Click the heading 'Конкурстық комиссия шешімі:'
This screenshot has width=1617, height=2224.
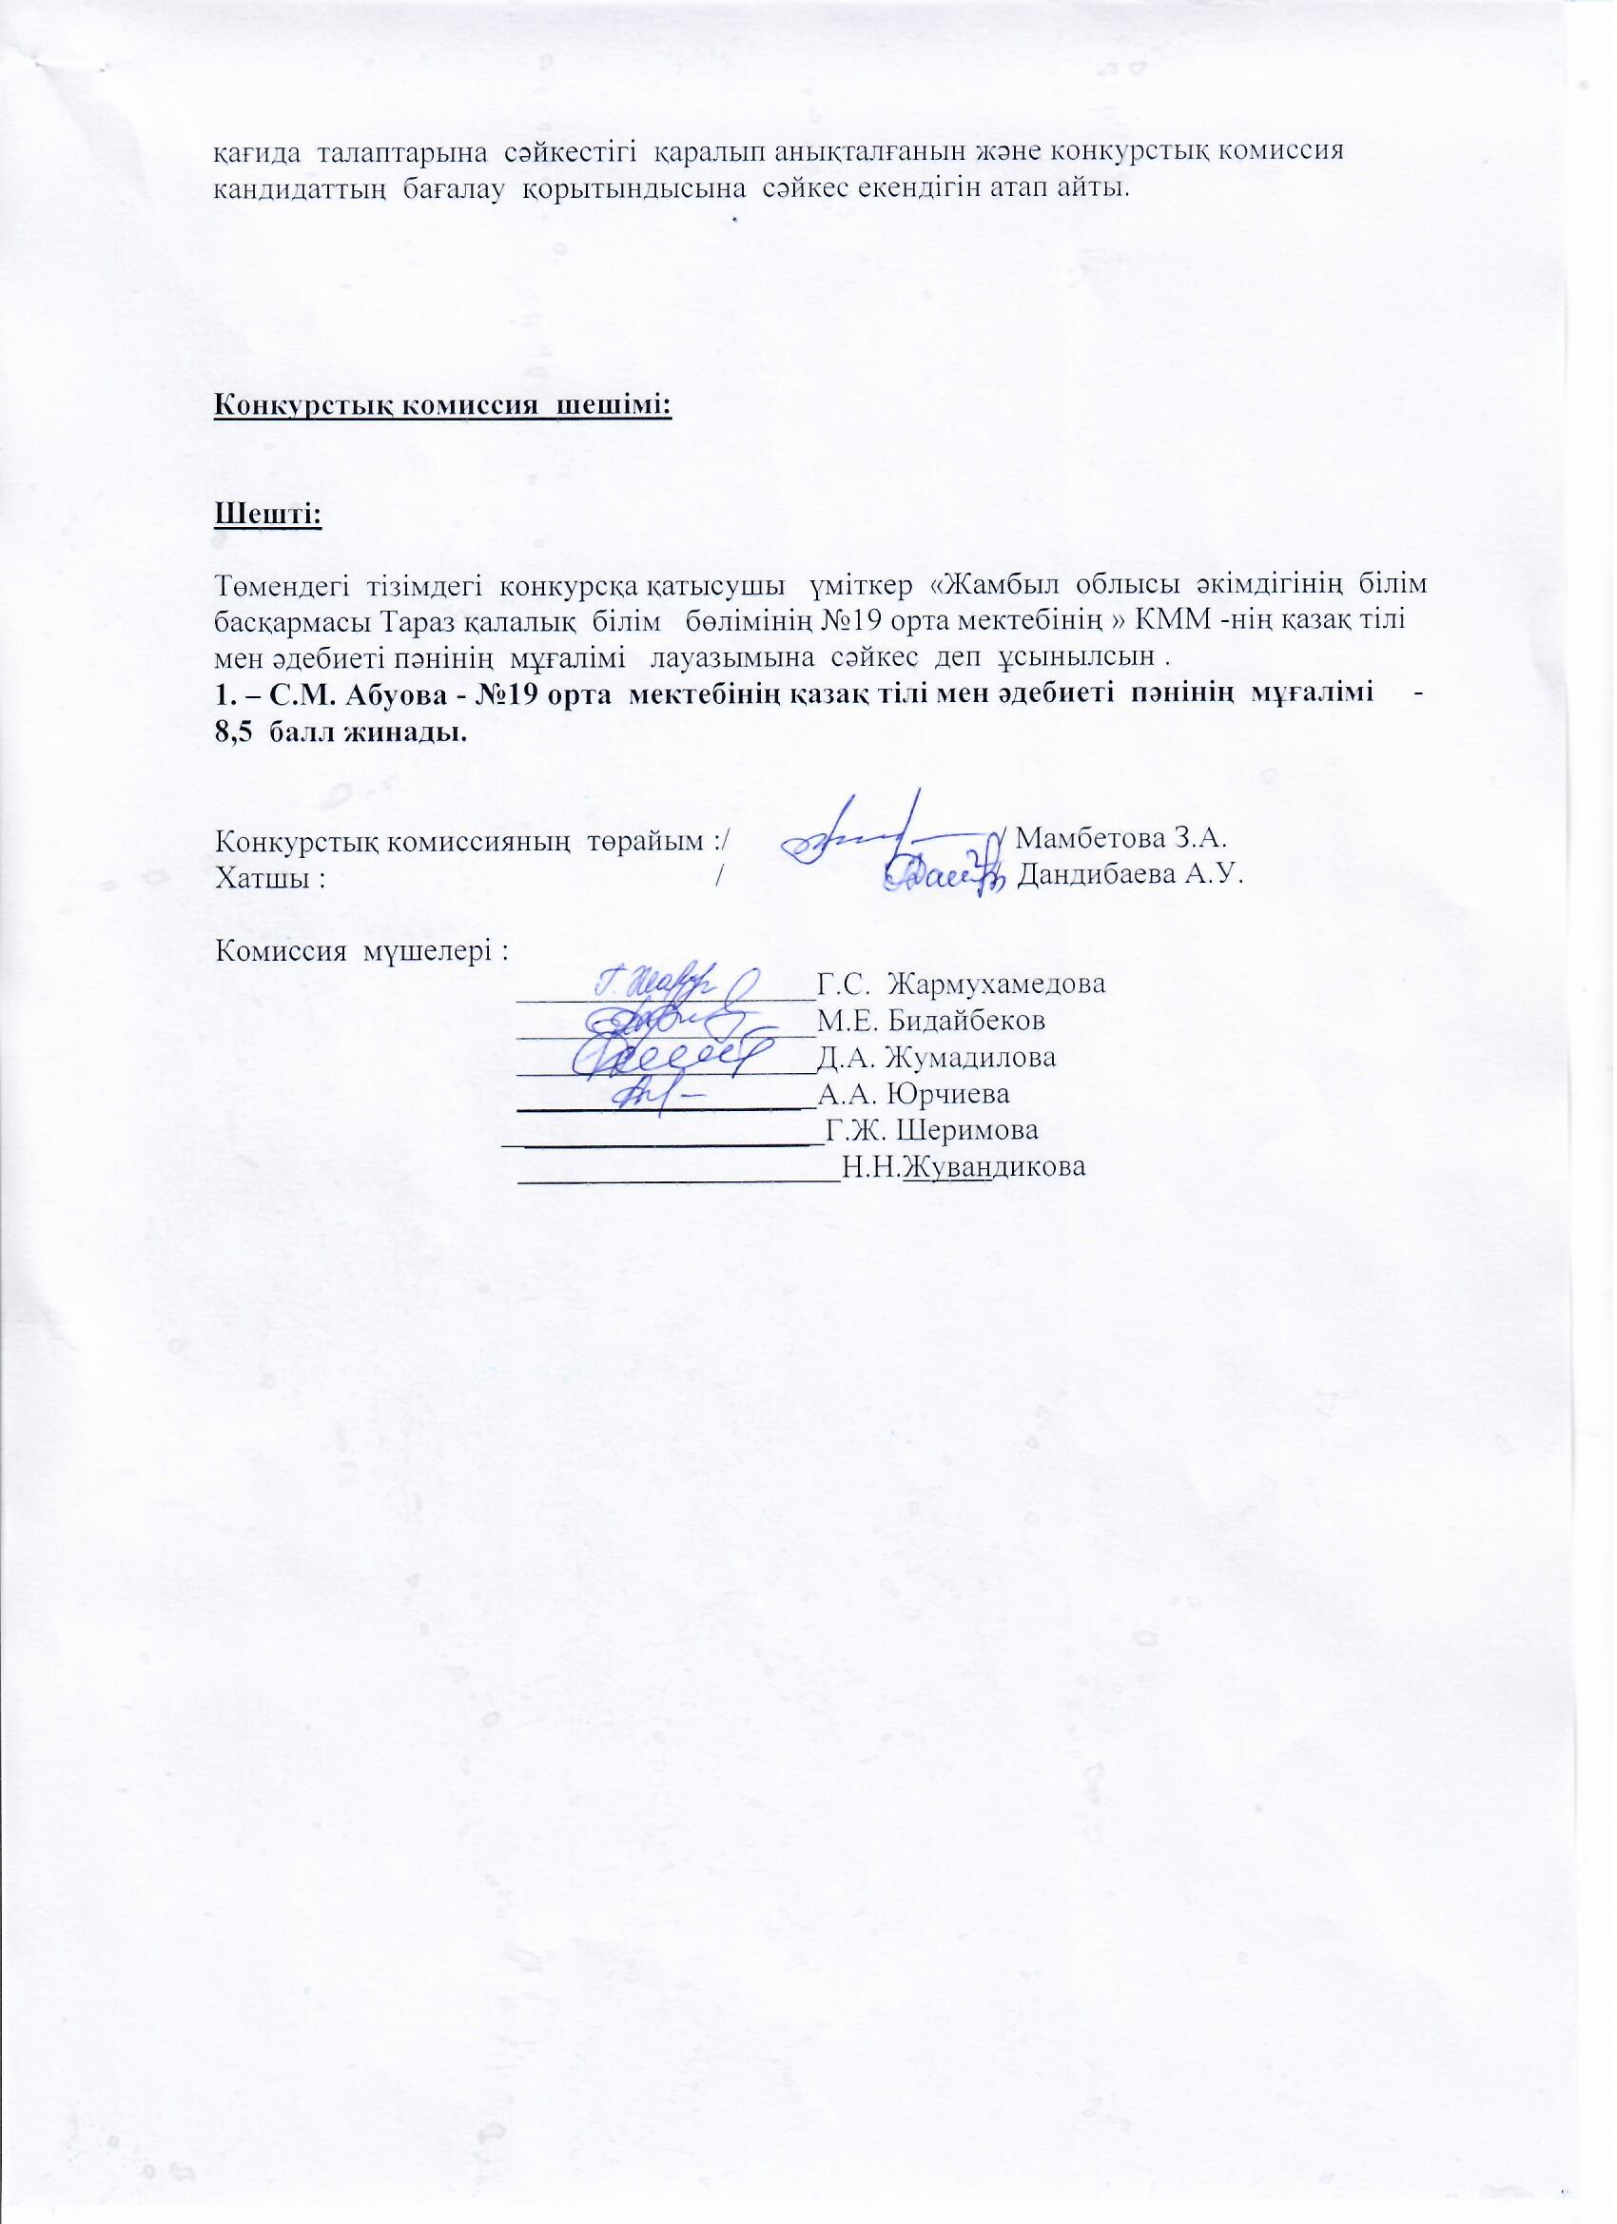(x=443, y=405)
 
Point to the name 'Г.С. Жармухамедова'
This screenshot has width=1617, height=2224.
(x=961, y=984)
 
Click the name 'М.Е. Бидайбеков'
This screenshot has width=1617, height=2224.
(x=930, y=1021)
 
